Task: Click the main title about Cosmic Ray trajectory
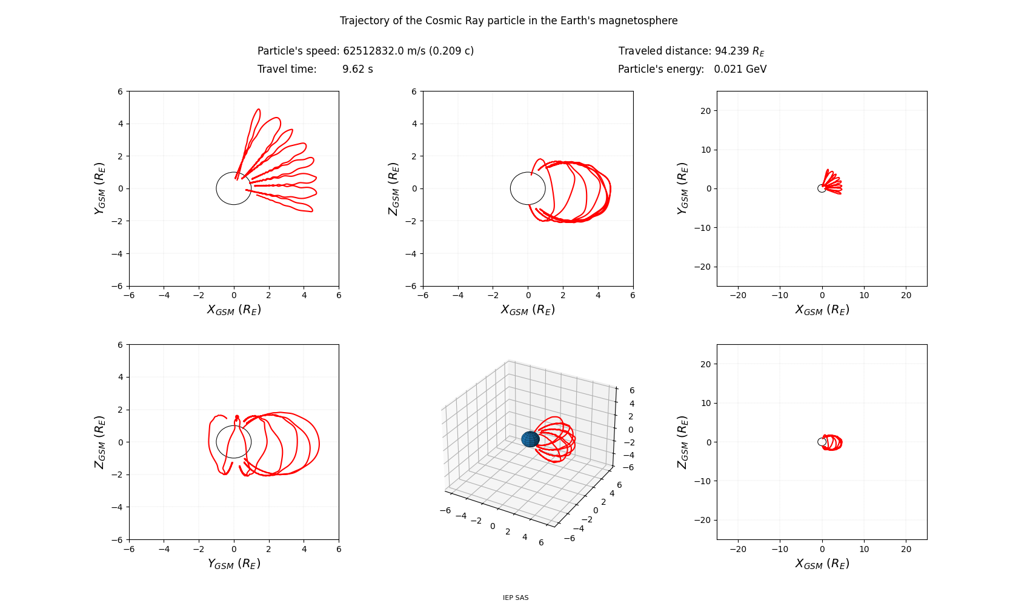[x=508, y=21]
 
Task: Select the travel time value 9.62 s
[x=357, y=69]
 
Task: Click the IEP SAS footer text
[x=515, y=598]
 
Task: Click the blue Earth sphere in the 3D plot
[x=530, y=439]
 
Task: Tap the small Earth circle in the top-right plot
[x=822, y=188]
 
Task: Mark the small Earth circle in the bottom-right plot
[x=822, y=442]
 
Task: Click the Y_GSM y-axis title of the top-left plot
[x=100, y=188]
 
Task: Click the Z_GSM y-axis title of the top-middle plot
[x=394, y=188]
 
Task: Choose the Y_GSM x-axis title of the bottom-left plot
[x=234, y=564]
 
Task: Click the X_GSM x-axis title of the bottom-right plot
[x=822, y=564]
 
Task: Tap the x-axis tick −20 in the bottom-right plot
[x=738, y=550]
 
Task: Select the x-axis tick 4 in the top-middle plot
[x=598, y=295]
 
